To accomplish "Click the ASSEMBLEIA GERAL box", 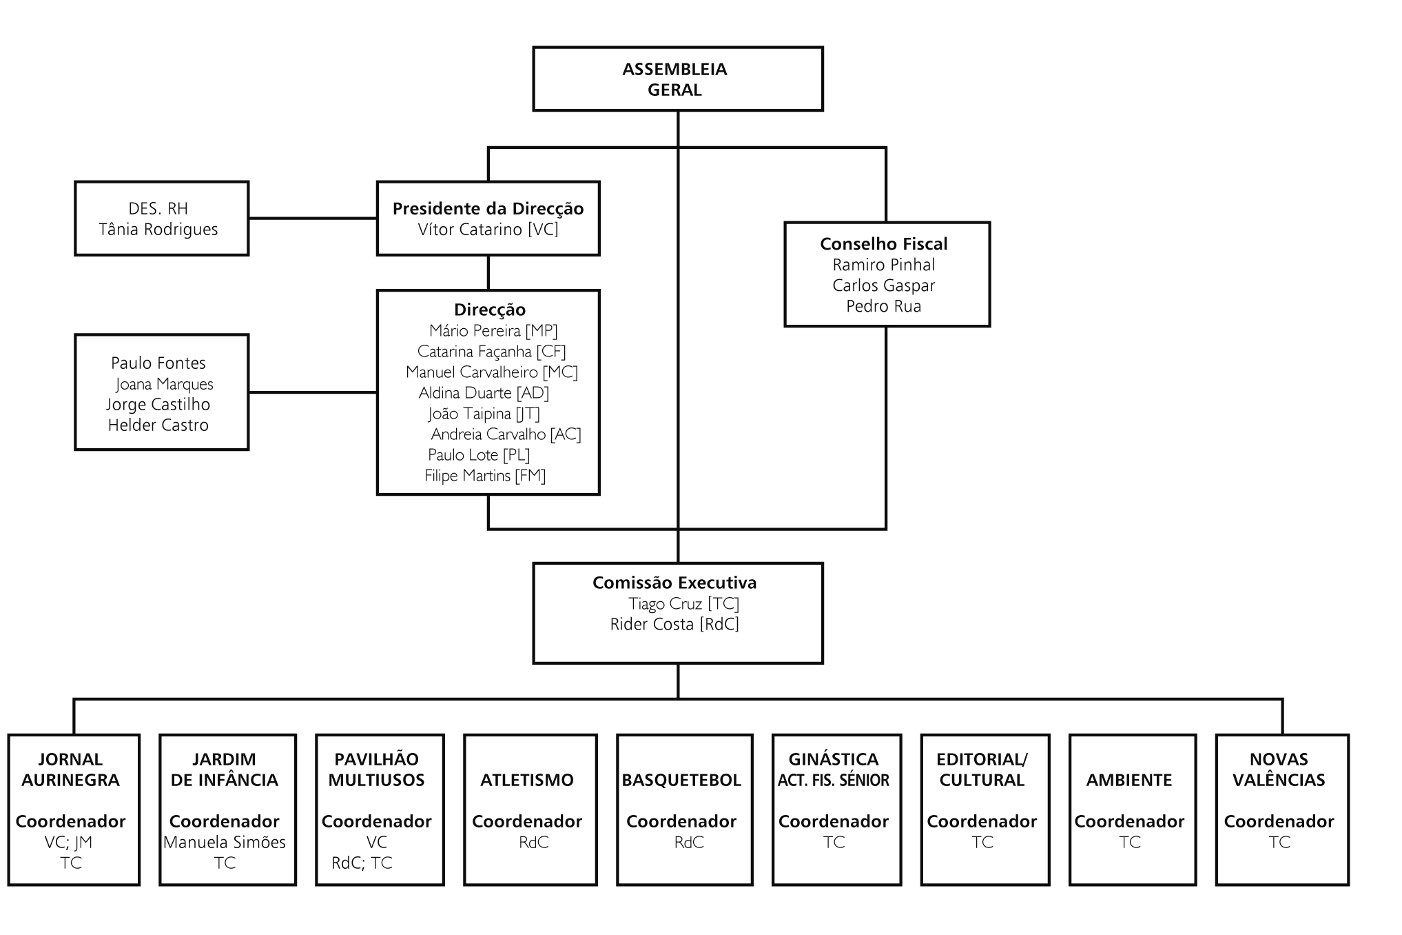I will [677, 79].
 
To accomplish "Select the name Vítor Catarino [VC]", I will [488, 230].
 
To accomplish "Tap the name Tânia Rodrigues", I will [158, 230].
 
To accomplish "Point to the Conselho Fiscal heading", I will [884, 244].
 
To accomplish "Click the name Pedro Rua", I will [884, 306].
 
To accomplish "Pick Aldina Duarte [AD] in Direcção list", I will [484, 393].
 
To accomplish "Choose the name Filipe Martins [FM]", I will [485, 476].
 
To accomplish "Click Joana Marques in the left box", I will [165, 384].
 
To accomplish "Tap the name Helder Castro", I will [158, 425].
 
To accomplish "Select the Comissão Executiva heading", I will [674, 583].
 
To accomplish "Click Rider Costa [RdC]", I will [674, 625].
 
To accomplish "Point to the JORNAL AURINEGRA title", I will [70, 770].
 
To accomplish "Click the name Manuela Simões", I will [225, 843].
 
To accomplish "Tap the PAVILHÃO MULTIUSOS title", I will [377, 770].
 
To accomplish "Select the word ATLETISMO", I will [527, 781].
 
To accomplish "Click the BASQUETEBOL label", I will [681, 781].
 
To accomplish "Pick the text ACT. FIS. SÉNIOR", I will [834, 781].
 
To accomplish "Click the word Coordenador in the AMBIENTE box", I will [1129, 822].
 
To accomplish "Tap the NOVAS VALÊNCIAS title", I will [1279, 770].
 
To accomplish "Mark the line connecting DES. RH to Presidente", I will [313, 219].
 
